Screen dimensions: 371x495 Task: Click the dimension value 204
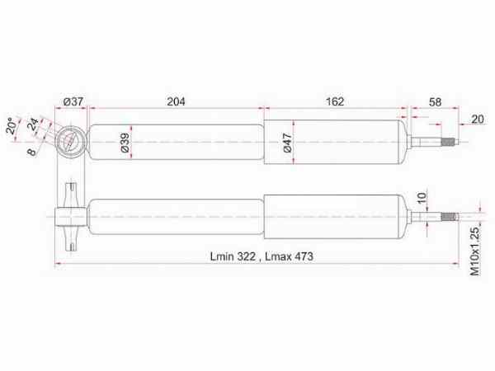click(176, 101)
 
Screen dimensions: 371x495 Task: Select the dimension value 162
click(334, 101)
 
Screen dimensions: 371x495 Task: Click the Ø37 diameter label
click(74, 101)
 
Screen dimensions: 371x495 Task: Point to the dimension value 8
click(31, 151)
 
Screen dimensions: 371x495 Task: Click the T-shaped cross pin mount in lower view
click(71, 218)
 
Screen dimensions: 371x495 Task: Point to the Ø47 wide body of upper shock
click(334, 143)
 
